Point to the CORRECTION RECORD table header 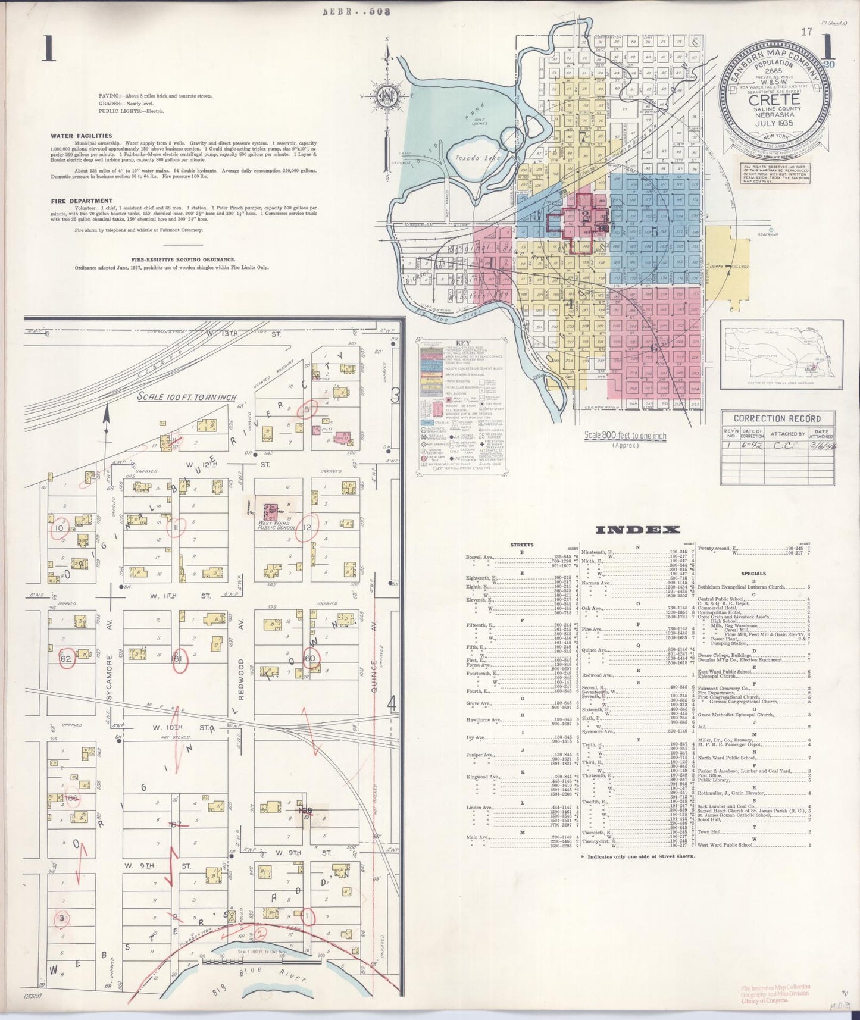tap(777, 418)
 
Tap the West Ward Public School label tap(277, 525)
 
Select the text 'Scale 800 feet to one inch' tap(625, 436)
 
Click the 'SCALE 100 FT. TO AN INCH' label tap(186, 397)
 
